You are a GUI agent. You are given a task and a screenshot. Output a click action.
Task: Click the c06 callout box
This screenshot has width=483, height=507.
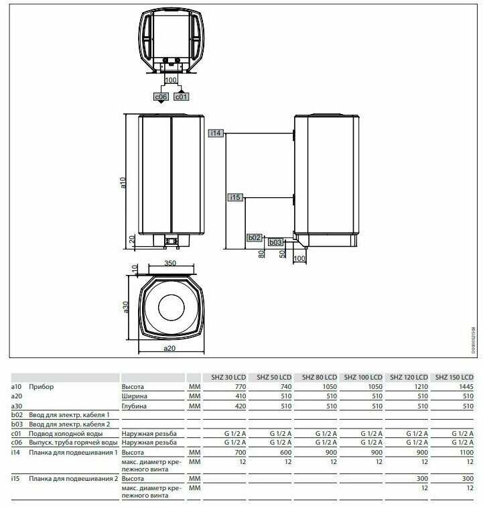coord(161,97)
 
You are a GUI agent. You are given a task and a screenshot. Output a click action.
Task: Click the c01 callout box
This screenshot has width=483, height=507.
coord(181,97)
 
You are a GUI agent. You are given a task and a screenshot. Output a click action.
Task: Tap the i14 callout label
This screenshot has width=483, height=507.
coord(216,133)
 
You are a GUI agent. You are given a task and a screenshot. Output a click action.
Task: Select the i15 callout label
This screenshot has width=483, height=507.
coord(236,197)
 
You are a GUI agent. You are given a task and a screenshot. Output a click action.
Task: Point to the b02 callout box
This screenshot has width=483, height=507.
coord(254,237)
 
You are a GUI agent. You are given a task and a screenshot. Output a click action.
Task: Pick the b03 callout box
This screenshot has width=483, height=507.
coord(275,242)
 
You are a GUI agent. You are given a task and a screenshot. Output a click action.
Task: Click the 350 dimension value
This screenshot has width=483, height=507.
coord(170,263)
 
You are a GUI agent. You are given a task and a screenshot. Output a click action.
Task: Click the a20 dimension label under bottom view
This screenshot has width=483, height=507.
coord(169,348)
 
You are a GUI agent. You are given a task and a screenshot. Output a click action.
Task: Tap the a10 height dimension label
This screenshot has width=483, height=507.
coord(123,182)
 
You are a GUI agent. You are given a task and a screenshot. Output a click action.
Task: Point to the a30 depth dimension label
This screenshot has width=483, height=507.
coord(126,307)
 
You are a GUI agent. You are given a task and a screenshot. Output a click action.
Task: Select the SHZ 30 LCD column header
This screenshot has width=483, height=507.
coord(228,377)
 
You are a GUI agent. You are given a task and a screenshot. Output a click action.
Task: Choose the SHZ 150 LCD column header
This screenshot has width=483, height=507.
coord(454,377)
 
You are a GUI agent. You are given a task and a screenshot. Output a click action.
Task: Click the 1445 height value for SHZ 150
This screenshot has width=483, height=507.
coord(466,387)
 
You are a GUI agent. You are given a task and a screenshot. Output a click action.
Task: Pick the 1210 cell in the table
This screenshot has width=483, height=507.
coord(421,387)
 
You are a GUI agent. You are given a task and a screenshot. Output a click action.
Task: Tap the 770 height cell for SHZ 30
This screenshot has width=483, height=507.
coord(240,387)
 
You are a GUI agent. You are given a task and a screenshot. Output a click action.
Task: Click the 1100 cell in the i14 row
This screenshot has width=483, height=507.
coord(466,453)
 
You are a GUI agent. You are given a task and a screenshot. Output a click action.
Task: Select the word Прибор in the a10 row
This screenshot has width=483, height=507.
coord(42,387)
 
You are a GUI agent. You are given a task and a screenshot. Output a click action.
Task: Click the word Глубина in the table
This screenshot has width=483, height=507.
coord(134,406)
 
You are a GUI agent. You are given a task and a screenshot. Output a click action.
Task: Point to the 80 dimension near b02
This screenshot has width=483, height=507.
coord(261,253)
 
